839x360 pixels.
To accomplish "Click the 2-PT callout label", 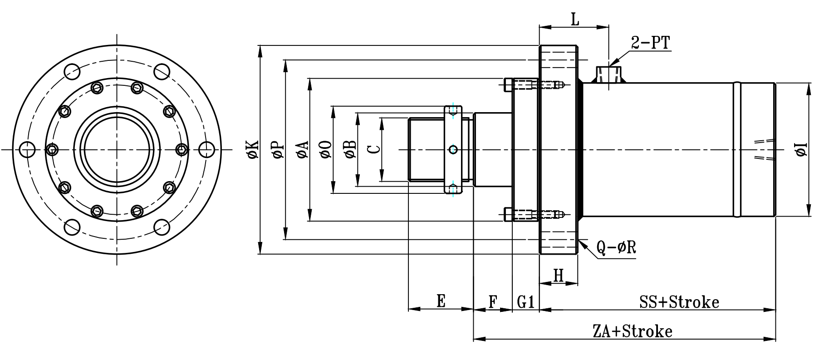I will tap(650, 43).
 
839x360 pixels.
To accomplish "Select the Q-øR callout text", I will tap(616, 247).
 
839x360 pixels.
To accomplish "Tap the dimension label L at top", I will tap(575, 20).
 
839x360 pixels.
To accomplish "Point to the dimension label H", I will tap(559, 275).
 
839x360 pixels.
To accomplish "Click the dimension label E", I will tap(441, 301).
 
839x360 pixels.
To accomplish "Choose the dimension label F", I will tap(493, 301).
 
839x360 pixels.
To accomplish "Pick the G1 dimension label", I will tap(525, 301).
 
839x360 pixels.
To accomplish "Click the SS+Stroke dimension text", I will tap(679, 301).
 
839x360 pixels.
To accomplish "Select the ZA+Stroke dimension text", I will tap(632, 331).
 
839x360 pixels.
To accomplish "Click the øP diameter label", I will tap(278, 149).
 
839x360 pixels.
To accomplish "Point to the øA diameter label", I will tap(302, 149).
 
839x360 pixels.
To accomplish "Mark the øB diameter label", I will tap(350, 149).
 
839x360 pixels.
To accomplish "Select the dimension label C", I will tap(373, 149).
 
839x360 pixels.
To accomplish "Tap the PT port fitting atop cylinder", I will tap(608, 74).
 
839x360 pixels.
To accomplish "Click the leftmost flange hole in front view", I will tap(28, 149).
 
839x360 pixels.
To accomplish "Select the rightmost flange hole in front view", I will tap(207, 149).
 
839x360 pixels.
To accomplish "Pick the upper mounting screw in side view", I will tap(533, 84).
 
